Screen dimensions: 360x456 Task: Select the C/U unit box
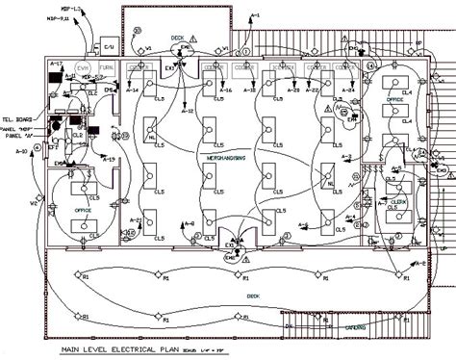click(109, 45)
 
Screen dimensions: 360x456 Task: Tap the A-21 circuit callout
click(136, 219)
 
